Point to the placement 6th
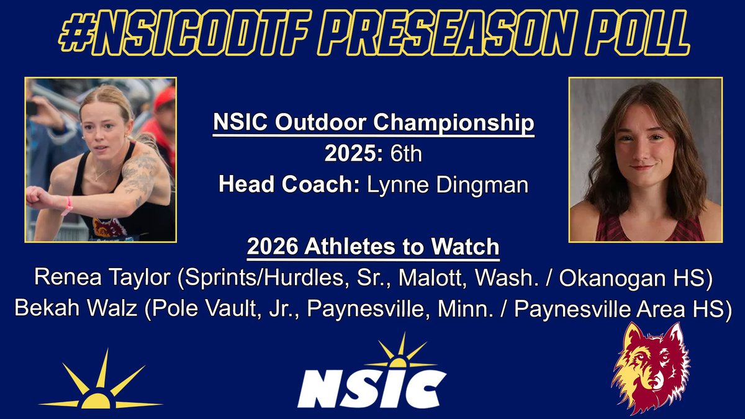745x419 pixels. [403, 153]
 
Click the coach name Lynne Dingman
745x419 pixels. [448, 184]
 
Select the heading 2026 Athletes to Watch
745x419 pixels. [373, 246]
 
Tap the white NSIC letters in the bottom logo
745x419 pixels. [371, 389]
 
